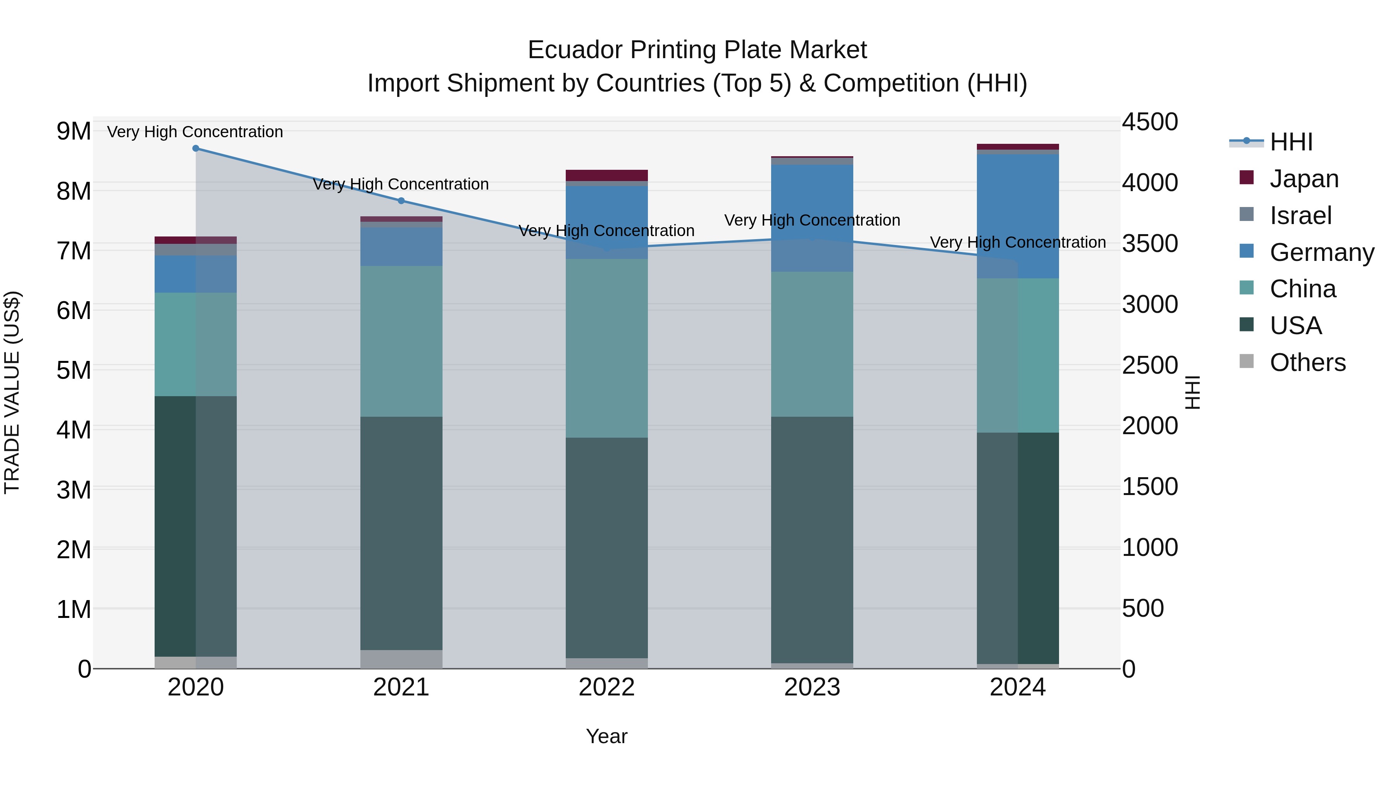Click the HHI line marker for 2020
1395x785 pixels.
pyautogui.click(x=196, y=148)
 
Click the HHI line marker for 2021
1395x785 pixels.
pyautogui.click(x=401, y=201)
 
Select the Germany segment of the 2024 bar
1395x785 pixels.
pyautogui.click(x=1018, y=216)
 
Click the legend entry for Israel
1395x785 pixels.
pyautogui.click(x=1300, y=216)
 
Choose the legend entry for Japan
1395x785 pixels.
pyautogui.click(x=1304, y=179)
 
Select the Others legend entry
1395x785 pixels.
pyautogui.click(x=1307, y=362)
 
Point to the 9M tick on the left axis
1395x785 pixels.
pyautogui.click(x=74, y=131)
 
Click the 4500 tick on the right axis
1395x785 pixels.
pyautogui.click(x=1149, y=122)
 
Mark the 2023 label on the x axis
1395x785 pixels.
pyautogui.click(x=812, y=687)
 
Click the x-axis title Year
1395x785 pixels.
pyautogui.click(x=606, y=736)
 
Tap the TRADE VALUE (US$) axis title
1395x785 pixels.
pyautogui.click(x=12, y=392)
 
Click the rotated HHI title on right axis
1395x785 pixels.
pyautogui.click(x=1192, y=392)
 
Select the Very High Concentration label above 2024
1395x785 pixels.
pyautogui.click(x=1018, y=242)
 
